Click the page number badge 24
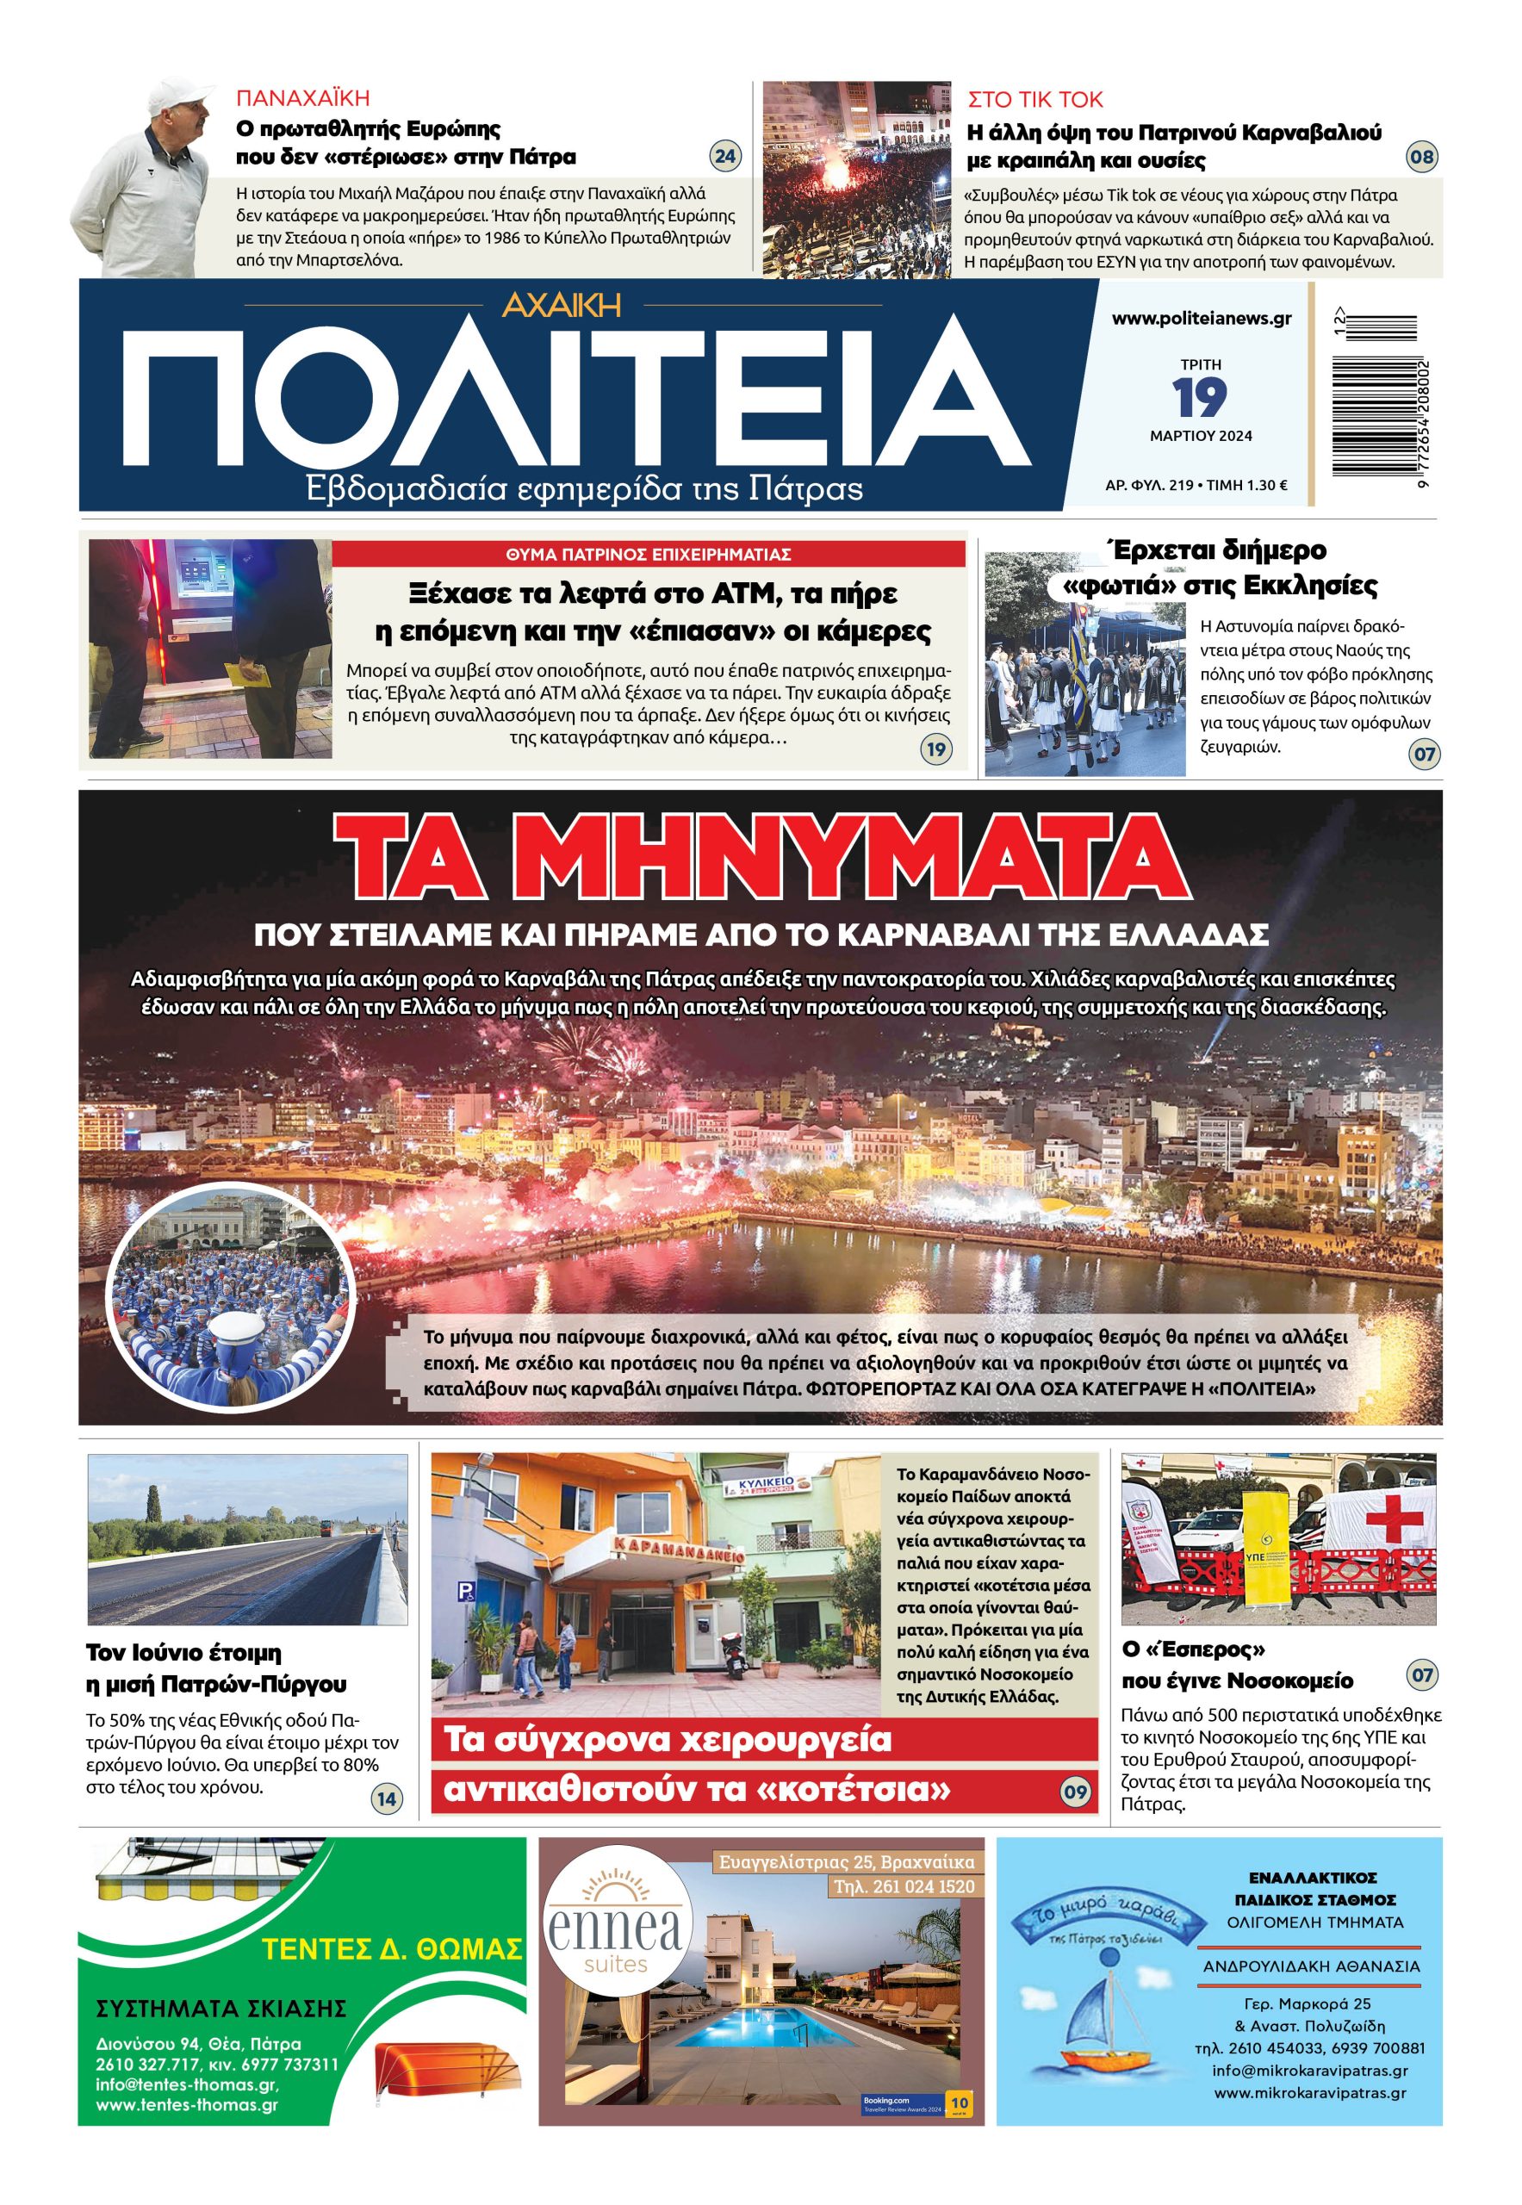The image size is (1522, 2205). (x=726, y=155)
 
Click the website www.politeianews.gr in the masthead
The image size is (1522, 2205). (x=1201, y=319)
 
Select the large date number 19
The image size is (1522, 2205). (x=1200, y=398)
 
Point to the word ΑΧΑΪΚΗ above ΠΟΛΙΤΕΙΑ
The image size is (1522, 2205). (x=562, y=304)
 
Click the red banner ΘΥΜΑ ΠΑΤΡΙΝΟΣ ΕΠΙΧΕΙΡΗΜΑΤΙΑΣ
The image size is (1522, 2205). (x=649, y=554)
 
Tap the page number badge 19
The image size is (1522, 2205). (x=935, y=748)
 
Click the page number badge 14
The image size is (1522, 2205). (x=386, y=1799)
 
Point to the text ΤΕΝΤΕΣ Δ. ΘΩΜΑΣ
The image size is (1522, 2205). (x=392, y=1948)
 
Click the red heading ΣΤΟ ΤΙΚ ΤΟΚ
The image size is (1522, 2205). (x=1034, y=99)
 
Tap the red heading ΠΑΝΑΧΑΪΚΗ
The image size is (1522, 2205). (x=302, y=98)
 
